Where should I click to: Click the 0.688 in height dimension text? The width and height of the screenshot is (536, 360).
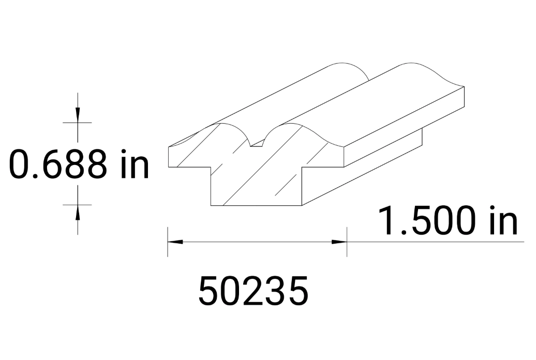tap(79, 164)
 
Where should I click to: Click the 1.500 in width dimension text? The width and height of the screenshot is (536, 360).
tap(448, 221)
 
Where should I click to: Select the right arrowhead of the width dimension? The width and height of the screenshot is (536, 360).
tap(339, 242)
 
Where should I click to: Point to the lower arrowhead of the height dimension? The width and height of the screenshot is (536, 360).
tap(78, 211)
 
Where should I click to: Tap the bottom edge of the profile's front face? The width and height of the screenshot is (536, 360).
tap(257, 205)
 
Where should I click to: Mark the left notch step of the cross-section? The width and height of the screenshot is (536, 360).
tap(211, 168)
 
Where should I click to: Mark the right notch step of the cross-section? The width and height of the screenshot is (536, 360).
tap(302, 168)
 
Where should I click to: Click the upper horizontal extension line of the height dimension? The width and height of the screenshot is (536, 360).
tap(78, 123)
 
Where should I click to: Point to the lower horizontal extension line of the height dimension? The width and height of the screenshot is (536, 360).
tap(78, 204)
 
